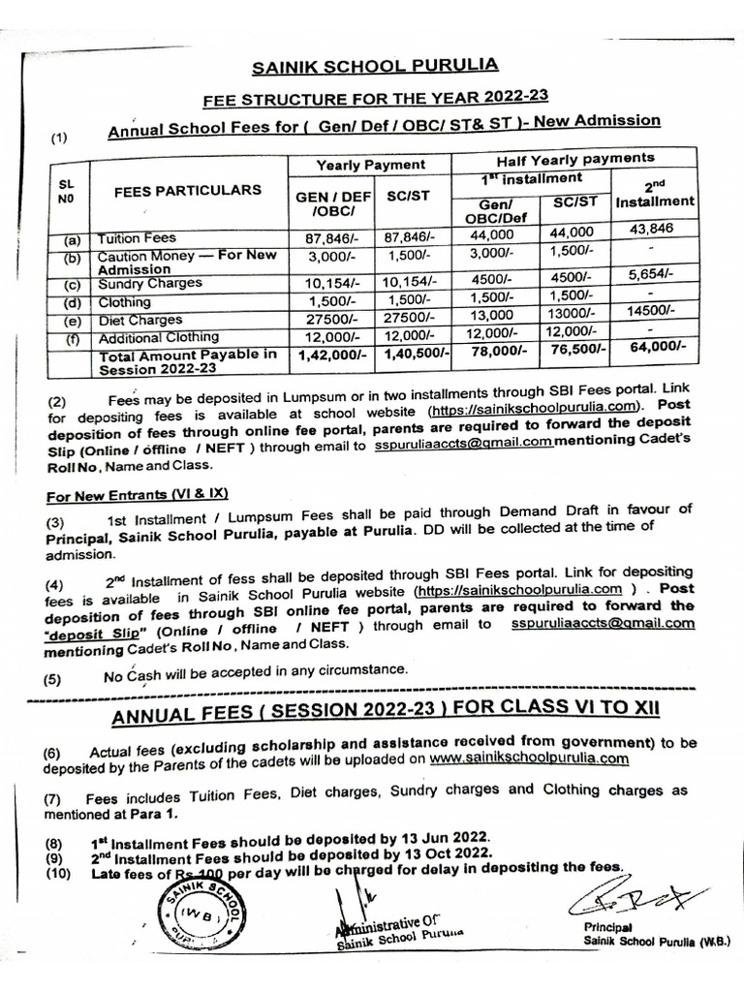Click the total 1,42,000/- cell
[x=326, y=356]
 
